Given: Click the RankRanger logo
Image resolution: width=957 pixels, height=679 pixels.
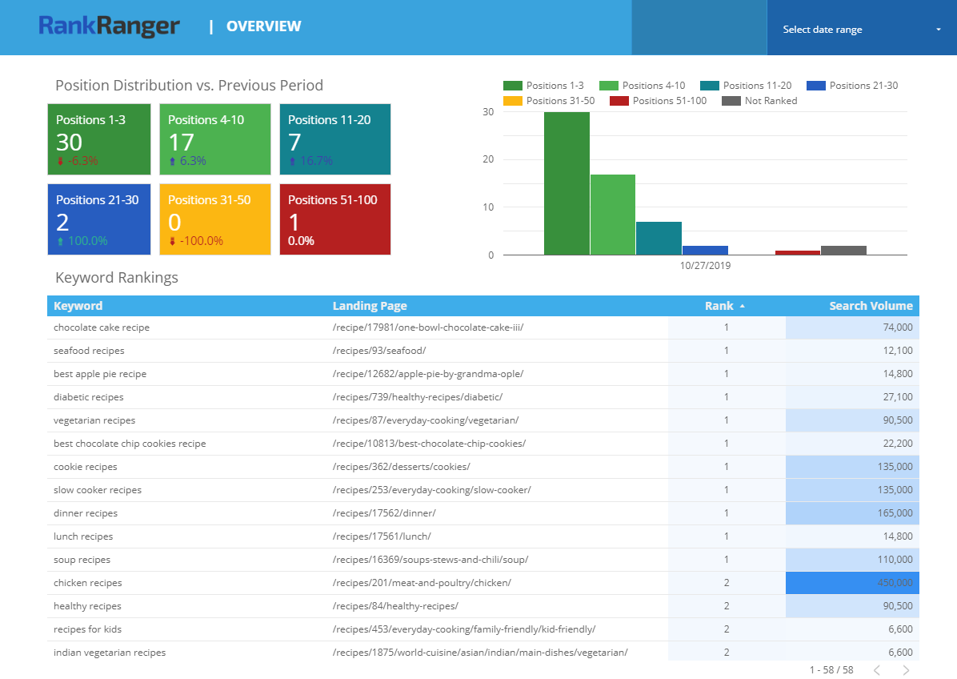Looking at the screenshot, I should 109,26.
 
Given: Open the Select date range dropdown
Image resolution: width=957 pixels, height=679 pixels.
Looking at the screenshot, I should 861,30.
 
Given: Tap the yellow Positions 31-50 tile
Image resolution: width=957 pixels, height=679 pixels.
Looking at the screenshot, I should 215,219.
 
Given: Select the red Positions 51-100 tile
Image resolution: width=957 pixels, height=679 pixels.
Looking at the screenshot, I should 335,219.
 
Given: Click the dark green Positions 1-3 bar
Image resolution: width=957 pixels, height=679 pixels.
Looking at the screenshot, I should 567,183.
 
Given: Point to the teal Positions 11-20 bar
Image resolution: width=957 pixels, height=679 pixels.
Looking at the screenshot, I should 659,238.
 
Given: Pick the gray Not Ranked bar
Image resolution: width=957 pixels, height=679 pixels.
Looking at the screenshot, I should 843,250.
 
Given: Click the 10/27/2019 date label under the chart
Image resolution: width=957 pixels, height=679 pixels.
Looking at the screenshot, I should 705,265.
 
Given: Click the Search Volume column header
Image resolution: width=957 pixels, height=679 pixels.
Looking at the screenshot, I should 871,306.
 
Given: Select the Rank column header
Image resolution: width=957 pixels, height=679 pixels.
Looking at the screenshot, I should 719,306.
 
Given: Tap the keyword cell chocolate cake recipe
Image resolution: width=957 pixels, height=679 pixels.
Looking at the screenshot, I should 102,327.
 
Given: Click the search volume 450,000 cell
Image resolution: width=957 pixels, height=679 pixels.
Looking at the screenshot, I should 852,583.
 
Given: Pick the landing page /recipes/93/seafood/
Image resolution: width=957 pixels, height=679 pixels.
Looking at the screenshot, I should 379,351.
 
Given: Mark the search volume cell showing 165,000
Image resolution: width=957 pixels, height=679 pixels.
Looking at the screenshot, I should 852,513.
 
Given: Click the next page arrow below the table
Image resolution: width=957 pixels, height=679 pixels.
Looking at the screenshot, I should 906,669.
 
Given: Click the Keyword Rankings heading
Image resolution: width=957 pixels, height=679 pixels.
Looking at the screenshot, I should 117,278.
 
